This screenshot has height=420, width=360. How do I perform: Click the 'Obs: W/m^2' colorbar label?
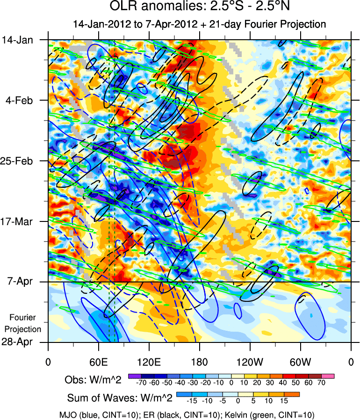tap(93, 380)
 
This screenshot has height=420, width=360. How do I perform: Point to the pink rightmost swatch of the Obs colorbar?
tap(328, 376)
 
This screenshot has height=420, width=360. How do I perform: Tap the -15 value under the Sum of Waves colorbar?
tap(191, 400)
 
